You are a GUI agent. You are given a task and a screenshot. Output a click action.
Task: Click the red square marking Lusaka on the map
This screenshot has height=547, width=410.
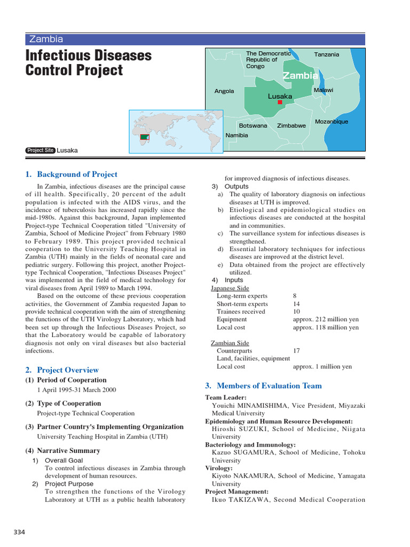point(280,102)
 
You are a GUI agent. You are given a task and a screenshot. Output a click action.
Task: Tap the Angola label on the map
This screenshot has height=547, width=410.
point(224,91)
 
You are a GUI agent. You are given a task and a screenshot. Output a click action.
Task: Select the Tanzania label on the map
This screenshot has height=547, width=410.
point(326,54)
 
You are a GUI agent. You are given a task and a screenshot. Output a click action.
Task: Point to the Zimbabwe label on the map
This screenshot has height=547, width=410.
point(291,126)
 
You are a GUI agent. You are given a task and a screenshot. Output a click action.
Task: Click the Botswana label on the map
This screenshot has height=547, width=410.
point(253,126)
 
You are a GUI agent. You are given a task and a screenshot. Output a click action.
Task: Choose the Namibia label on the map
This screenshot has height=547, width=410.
point(236,135)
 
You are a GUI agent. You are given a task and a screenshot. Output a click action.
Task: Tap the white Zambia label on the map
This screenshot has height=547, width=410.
point(300,75)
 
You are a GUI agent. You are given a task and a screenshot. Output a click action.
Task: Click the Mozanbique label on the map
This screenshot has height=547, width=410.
point(331,121)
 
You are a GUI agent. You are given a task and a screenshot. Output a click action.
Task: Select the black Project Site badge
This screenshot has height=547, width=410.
point(40,151)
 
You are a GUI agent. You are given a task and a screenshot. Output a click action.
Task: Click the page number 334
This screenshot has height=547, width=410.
point(19,532)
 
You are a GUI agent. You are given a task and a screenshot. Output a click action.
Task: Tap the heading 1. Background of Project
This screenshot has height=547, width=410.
point(71,174)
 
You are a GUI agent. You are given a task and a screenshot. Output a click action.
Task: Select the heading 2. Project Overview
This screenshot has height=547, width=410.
point(62,370)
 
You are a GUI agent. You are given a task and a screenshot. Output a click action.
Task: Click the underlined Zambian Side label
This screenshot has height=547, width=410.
point(230,343)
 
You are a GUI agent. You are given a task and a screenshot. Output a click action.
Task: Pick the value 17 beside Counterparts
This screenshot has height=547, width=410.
point(296,351)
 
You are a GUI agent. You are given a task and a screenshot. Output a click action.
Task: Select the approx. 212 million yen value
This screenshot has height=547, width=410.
point(326,319)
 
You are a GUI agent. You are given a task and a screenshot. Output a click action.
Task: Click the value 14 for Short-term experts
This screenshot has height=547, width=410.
point(296,304)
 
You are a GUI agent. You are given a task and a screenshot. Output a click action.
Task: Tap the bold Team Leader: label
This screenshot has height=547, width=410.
point(226,397)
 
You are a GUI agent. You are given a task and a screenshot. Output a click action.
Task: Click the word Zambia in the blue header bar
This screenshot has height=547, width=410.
point(46,39)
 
